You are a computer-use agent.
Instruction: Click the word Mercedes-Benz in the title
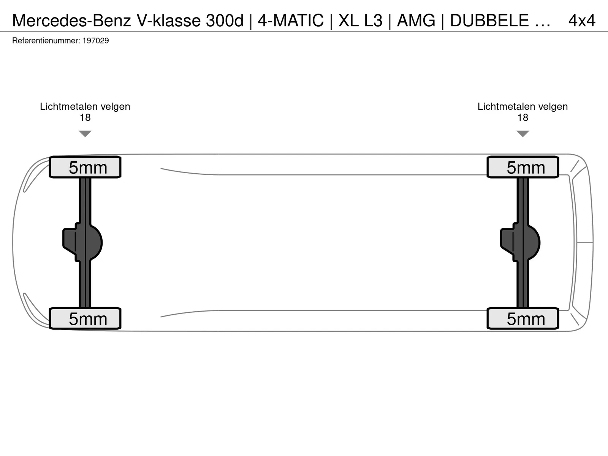click(71, 21)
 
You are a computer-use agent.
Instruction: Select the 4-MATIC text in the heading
click(291, 21)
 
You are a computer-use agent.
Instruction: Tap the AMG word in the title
click(416, 21)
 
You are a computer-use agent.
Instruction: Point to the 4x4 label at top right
click(582, 21)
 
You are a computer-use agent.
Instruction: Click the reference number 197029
click(95, 41)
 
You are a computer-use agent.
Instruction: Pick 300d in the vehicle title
click(225, 21)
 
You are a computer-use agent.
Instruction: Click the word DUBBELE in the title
click(489, 21)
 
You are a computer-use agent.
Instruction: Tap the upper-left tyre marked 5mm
click(85, 167)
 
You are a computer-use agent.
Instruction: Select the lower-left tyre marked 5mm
click(85, 318)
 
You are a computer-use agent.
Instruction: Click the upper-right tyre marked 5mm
click(522, 167)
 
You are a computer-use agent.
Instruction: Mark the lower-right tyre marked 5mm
click(522, 318)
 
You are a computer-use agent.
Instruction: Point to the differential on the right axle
click(520, 242)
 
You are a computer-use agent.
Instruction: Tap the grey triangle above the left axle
click(85, 133)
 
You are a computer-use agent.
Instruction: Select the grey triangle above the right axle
click(522, 133)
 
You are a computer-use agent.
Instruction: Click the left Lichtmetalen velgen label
click(85, 107)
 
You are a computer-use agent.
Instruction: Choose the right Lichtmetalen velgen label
click(522, 107)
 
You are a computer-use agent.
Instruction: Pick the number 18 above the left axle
click(85, 118)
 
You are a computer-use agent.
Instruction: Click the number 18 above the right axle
click(522, 118)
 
